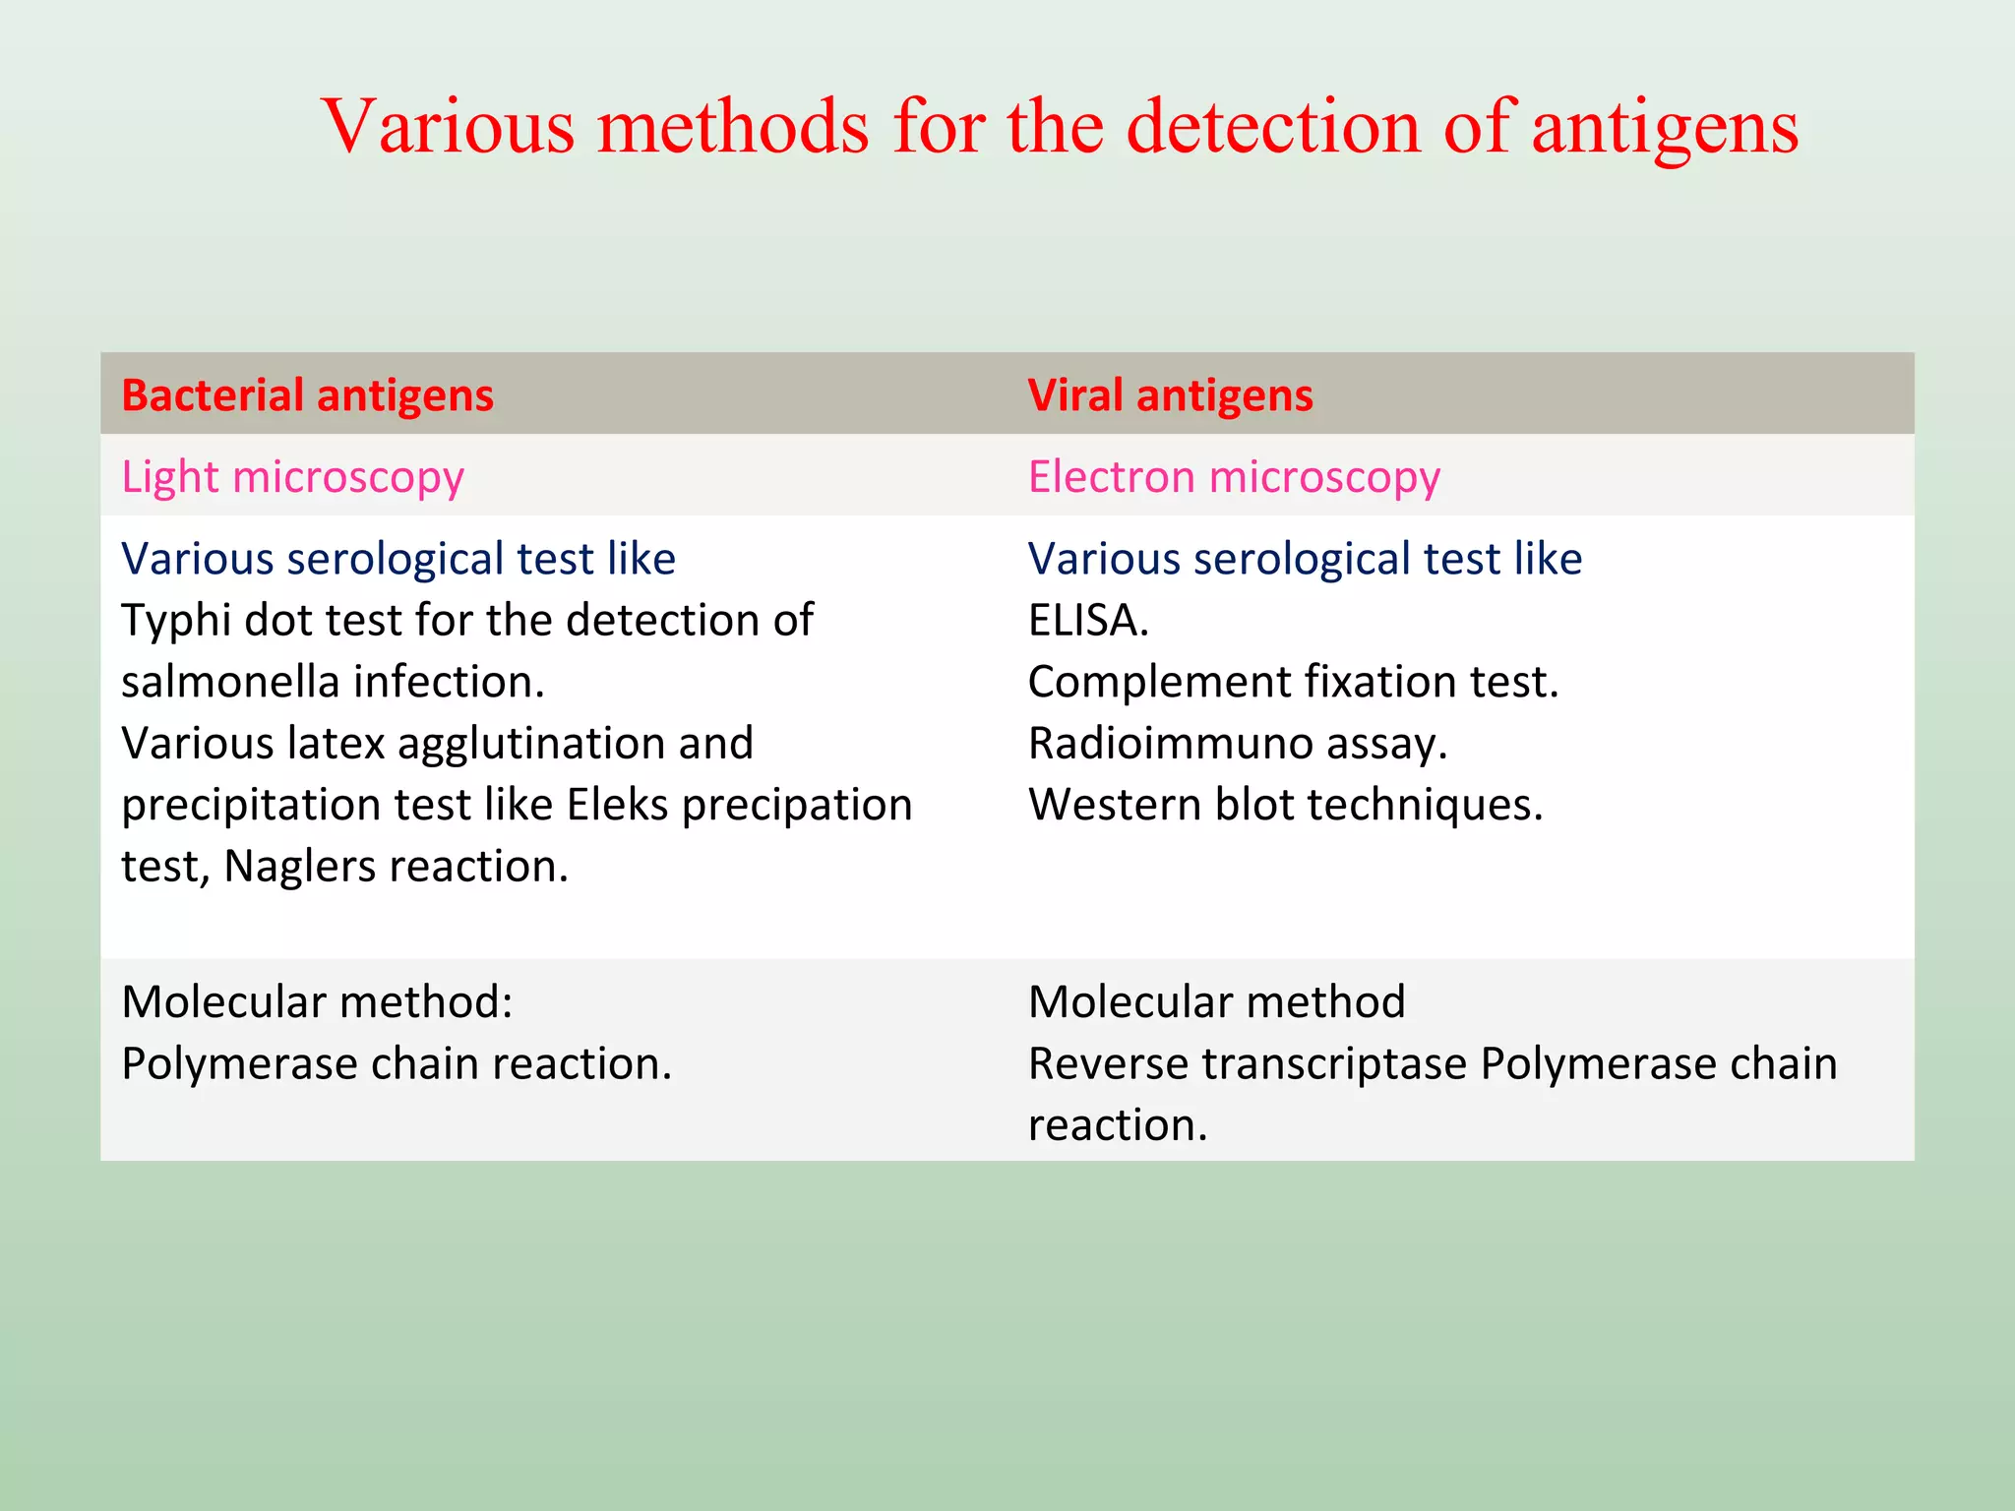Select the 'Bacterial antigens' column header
(307, 395)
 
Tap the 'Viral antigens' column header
(1170, 395)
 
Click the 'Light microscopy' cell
(292, 478)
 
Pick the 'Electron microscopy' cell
(1234, 478)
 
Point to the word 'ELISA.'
(1088, 621)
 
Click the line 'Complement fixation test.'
(1293, 682)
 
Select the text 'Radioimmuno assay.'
(1238, 744)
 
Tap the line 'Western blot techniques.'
(1285, 805)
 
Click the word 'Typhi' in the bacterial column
(175, 621)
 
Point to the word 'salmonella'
(229, 682)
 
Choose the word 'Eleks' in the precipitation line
(617, 805)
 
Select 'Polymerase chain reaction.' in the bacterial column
(397, 1063)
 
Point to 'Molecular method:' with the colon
(317, 1002)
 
